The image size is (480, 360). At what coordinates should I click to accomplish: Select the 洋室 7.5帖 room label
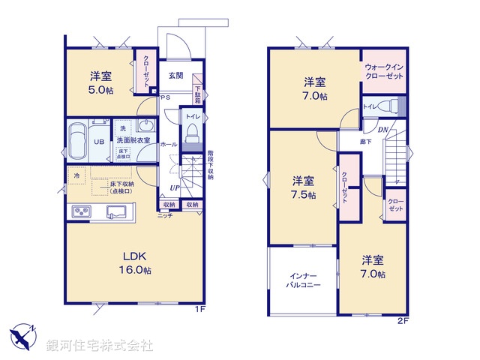point(304,187)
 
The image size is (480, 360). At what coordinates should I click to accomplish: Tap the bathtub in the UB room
point(78,141)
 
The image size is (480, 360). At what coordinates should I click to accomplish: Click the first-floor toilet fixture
point(192,135)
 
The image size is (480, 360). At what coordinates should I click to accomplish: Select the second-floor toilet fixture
point(388,106)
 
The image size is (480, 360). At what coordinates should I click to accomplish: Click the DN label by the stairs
point(382,129)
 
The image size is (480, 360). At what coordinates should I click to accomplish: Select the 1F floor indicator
point(199,309)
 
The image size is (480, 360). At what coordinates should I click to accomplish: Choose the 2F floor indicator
point(403,322)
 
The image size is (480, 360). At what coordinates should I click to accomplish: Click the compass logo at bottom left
point(25,335)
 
